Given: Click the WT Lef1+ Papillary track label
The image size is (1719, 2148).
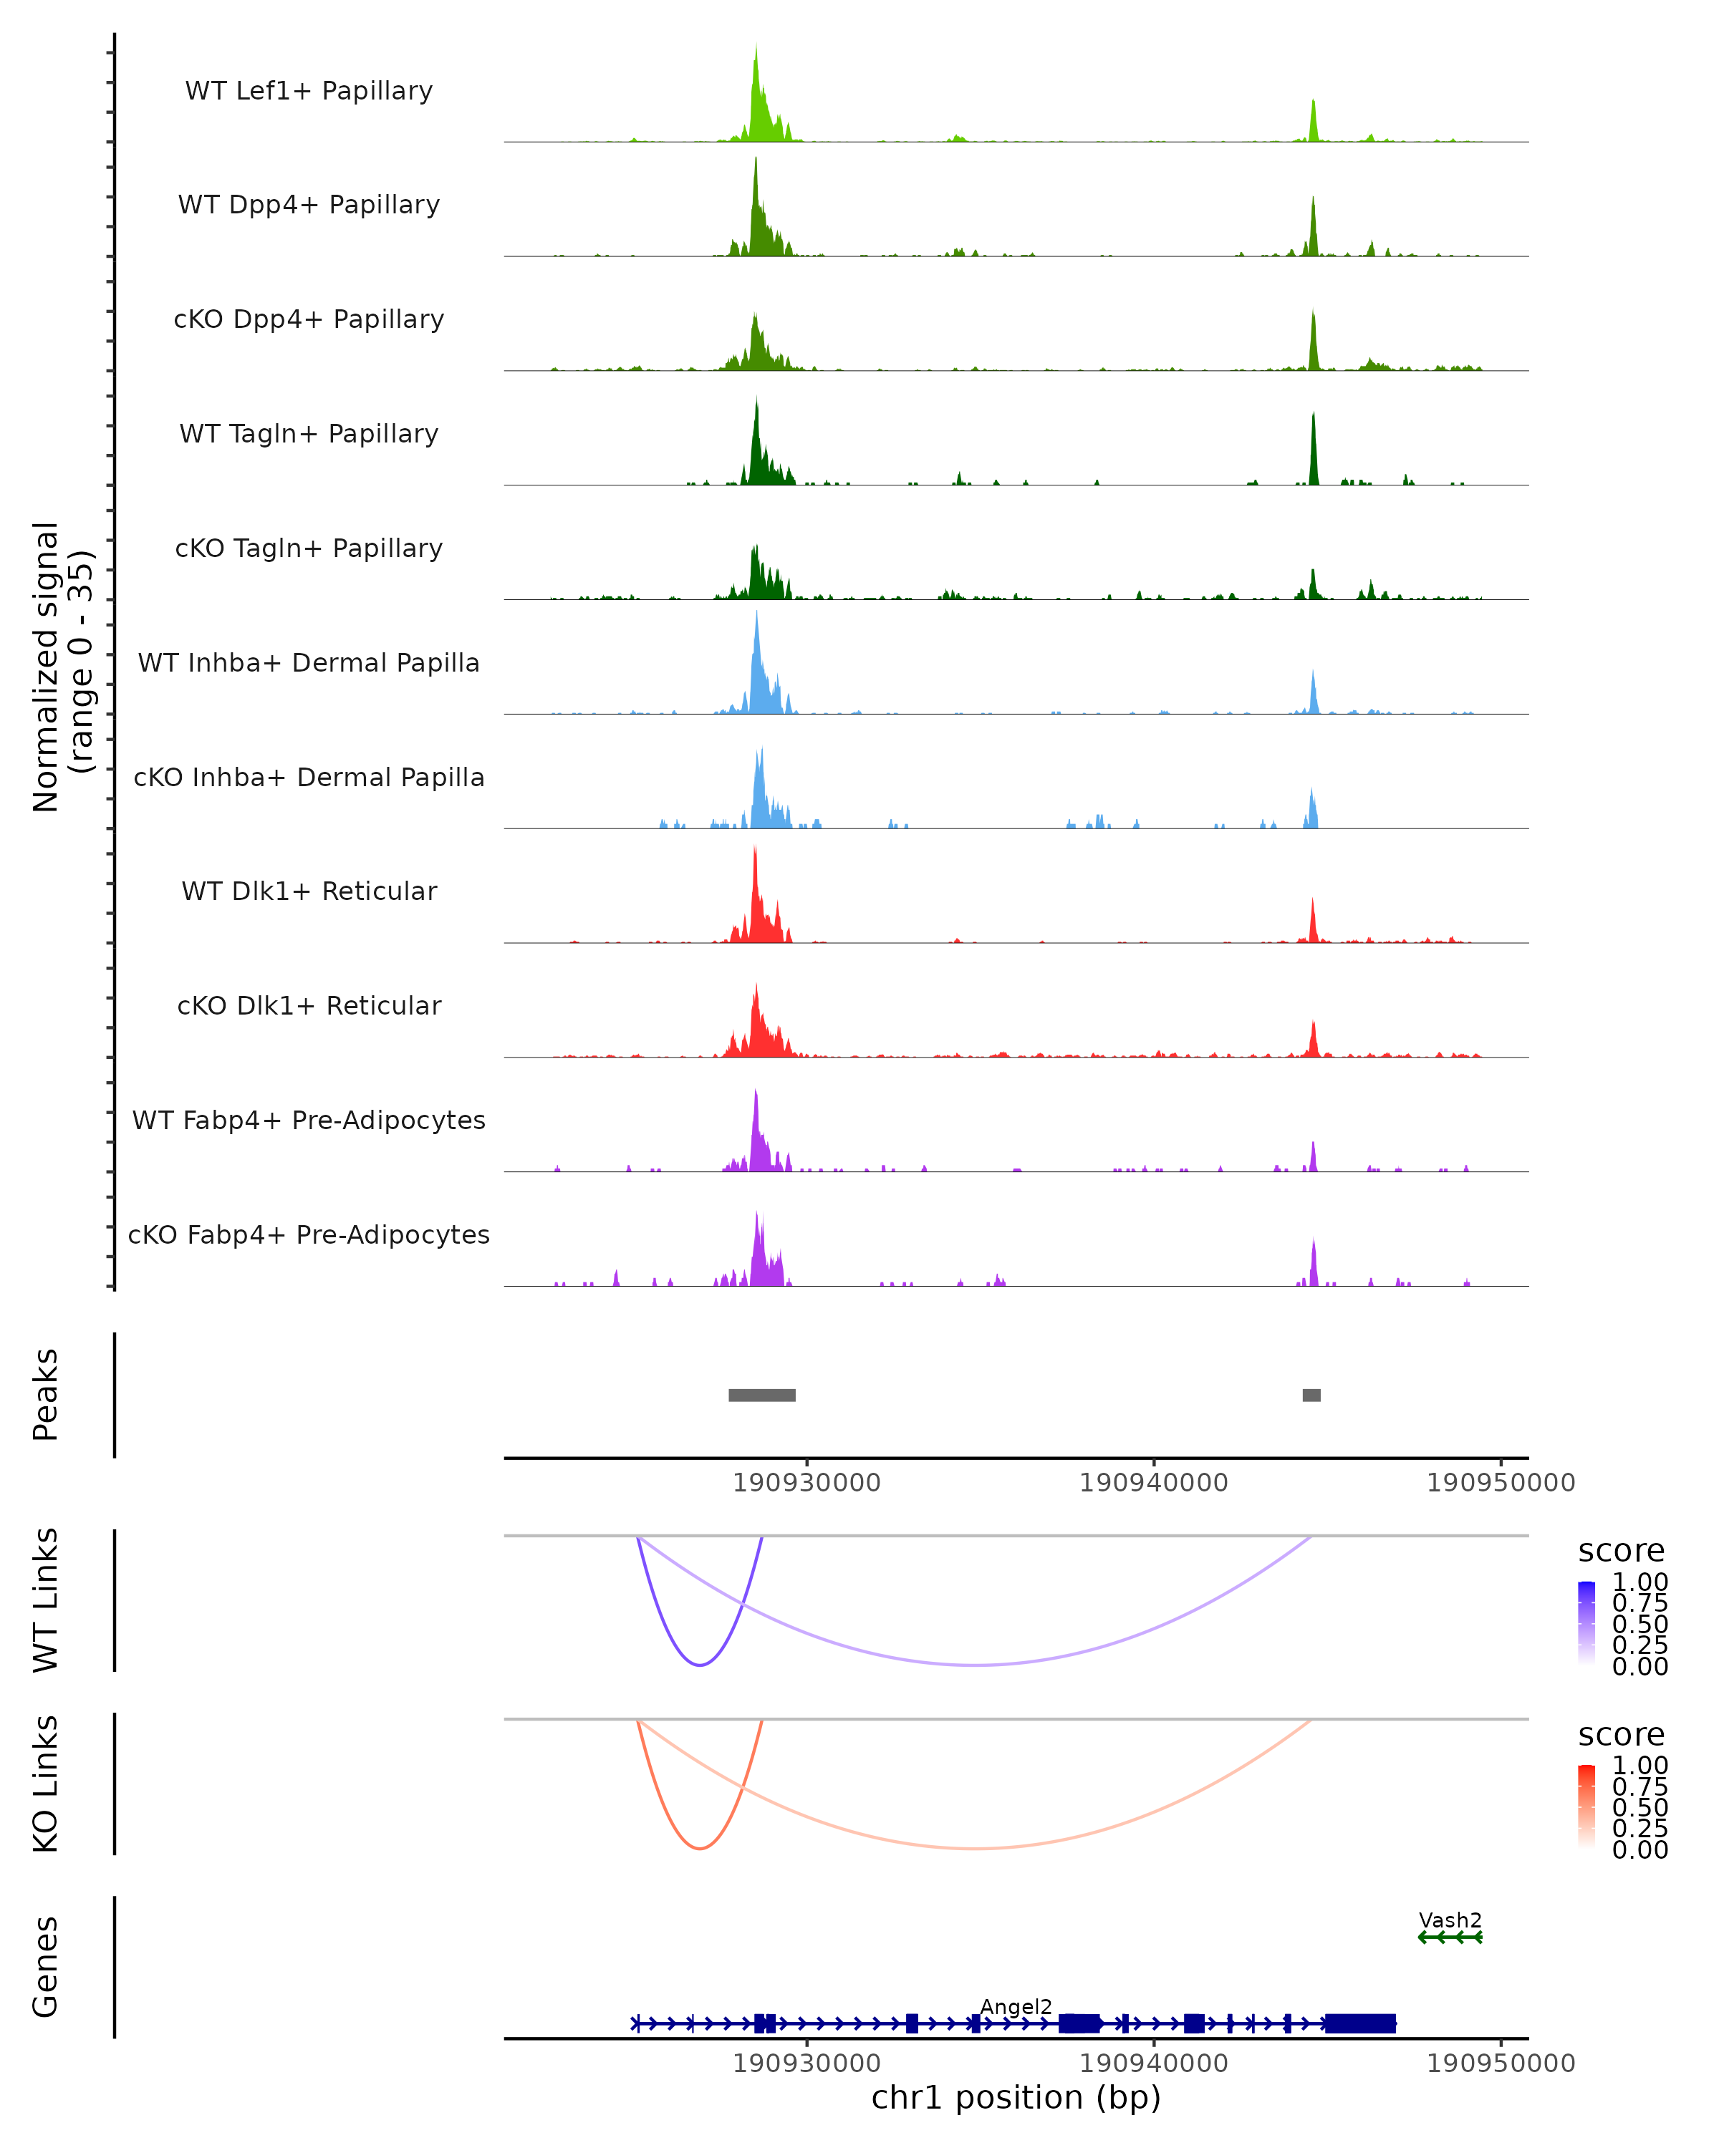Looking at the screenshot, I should (x=309, y=91).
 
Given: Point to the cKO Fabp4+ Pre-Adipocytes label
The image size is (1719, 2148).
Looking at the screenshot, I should (x=309, y=1234).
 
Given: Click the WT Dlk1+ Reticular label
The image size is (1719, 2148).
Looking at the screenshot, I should (x=309, y=891).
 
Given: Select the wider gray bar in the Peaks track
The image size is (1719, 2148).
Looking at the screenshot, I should (x=761, y=1395).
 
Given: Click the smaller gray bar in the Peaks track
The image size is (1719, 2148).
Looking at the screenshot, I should (x=1311, y=1395).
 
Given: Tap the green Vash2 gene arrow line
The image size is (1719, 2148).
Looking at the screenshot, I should (x=1450, y=1937).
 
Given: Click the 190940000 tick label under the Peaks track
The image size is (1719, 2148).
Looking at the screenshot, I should (x=1153, y=1483).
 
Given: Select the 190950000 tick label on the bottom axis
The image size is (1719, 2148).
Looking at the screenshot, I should (x=1500, y=2064).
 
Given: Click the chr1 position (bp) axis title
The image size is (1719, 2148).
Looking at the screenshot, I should (x=1016, y=2098).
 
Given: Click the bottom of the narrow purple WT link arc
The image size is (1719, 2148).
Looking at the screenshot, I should (x=700, y=1665).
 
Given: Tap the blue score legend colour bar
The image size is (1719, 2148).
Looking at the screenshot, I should (x=1586, y=1623).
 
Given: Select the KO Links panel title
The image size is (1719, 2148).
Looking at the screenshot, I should (x=46, y=1784).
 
